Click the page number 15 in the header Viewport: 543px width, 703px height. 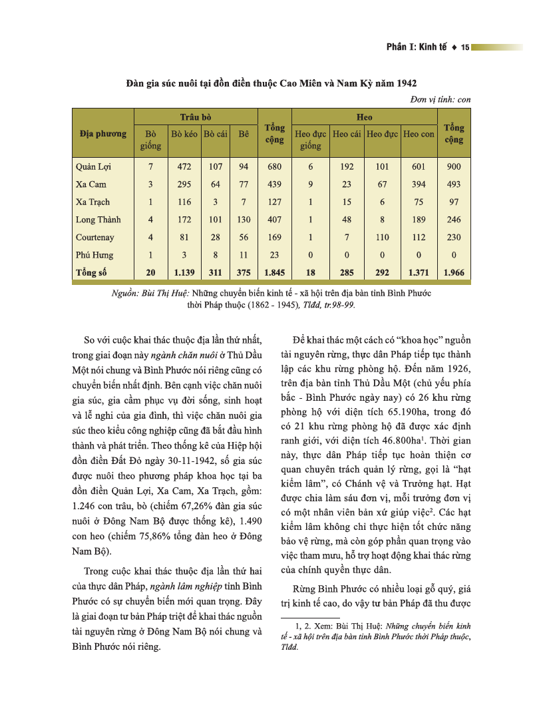point(465,47)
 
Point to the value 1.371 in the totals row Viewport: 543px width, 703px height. point(419,272)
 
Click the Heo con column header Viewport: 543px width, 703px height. point(419,134)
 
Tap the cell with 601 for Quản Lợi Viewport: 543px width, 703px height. point(419,166)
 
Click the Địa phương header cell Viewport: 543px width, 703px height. point(102,134)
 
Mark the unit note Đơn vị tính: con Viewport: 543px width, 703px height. point(441,99)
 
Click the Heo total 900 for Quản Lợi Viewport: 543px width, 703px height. point(454,166)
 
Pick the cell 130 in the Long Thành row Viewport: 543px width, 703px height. point(244,220)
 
